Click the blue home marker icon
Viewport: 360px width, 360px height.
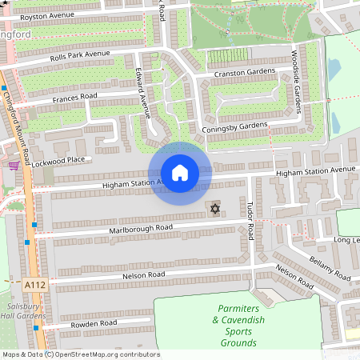(180, 174)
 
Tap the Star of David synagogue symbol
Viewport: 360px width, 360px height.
(214, 209)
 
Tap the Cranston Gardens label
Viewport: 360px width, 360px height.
(244, 73)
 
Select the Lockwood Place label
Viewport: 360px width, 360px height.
(59, 161)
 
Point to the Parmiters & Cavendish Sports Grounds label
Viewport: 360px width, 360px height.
(235, 326)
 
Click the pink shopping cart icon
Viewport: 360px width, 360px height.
(13, 166)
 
